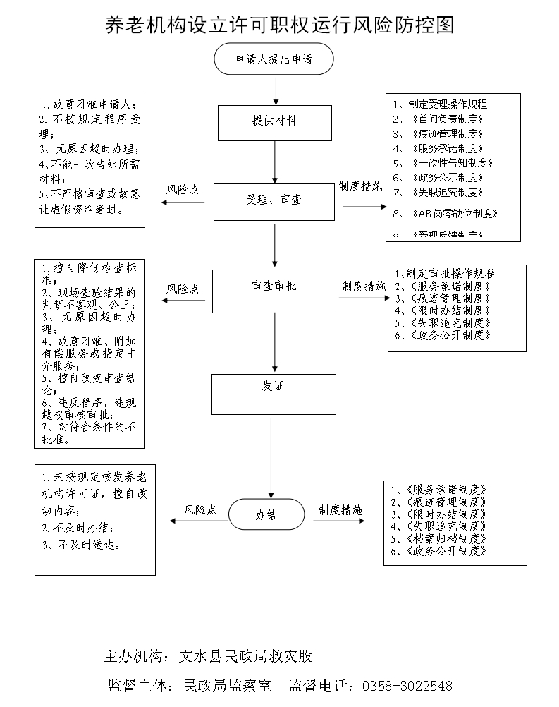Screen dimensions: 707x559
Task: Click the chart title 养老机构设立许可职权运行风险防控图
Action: (279, 25)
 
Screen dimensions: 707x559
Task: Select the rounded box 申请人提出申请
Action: (274, 59)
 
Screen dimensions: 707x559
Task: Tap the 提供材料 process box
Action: (274, 122)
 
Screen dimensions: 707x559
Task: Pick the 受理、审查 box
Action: (274, 201)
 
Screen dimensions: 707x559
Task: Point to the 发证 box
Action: (274, 393)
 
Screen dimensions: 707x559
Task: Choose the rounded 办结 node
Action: (266, 515)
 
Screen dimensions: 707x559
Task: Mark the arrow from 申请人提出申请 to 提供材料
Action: (275, 90)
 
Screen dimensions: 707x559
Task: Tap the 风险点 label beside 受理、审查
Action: (182, 190)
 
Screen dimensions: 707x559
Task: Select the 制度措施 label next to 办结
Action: (340, 509)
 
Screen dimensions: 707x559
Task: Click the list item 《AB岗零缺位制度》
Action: (455, 213)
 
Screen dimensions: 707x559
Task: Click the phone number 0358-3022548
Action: (407, 686)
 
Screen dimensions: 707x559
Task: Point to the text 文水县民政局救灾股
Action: (245, 656)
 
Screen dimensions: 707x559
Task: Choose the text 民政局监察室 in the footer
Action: (227, 686)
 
